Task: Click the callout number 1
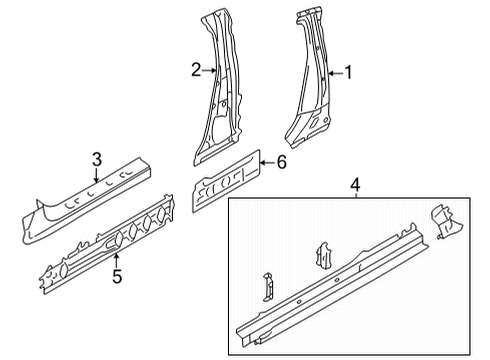click(348, 72)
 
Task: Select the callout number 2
click(196, 70)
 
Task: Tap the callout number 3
click(97, 159)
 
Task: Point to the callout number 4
click(356, 185)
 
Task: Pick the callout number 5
click(117, 276)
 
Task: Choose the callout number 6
click(282, 162)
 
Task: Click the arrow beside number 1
click(336, 73)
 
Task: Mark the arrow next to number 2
click(209, 70)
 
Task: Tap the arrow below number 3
click(96, 175)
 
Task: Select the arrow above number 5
click(116, 260)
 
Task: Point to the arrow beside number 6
click(268, 163)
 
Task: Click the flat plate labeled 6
click(226, 181)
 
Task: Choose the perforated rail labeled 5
click(107, 244)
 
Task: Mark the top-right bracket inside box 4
click(446, 221)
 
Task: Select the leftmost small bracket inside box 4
click(269, 287)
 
